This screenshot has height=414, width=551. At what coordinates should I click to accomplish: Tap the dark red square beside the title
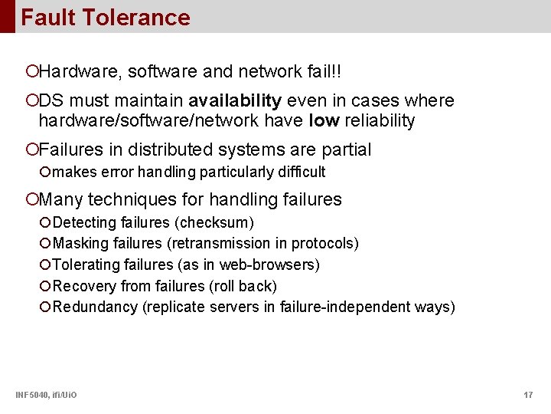(7, 16)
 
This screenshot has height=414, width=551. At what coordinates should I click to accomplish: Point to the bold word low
(321, 120)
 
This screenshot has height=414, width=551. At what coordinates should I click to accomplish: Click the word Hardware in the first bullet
(80, 72)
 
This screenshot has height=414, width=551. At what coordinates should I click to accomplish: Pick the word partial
(344, 149)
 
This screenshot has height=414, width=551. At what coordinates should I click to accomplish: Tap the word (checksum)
(214, 222)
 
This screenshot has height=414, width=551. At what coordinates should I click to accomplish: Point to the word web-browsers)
(269, 265)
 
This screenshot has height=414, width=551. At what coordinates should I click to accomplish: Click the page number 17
(528, 395)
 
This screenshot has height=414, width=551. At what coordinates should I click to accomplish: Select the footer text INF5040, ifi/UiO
(45, 395)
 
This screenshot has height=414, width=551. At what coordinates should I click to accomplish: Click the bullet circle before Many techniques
(31, 200)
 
